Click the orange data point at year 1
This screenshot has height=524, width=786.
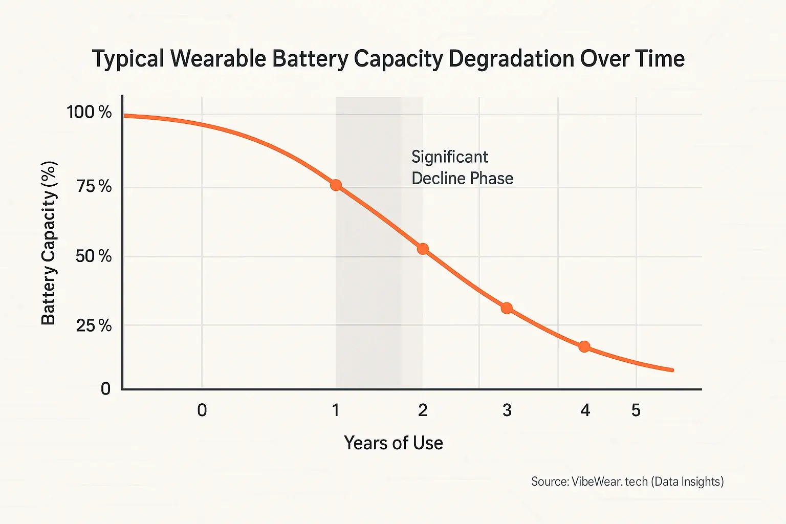tap(336, 185)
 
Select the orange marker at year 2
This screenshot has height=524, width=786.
tap(423, 249)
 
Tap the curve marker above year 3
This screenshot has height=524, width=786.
tap(507, 308)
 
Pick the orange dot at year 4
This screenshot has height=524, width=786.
tap(584, 346)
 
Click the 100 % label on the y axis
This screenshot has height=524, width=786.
tap(89, 112)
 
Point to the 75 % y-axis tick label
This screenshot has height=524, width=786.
tap(94, 186)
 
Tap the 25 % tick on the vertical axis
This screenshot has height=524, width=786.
tap(94, 325)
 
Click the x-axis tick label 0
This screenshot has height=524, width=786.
tap(202, 410)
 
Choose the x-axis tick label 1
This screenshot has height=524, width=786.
tap(336, 410)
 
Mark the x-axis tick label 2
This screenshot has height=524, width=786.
tap(423, 410)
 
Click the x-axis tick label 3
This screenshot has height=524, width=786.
tap(507, 410)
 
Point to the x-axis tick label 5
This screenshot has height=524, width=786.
tap(636, 410)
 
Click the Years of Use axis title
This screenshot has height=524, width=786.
tap(393, 443)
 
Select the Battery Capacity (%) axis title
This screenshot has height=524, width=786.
tap(49, 244)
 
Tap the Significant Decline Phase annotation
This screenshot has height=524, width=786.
tap(462, 167)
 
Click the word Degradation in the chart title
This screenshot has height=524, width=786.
tap(512, 59)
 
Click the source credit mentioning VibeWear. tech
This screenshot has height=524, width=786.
tap(627, 482)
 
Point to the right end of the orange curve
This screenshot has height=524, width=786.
tap(672, 369)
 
